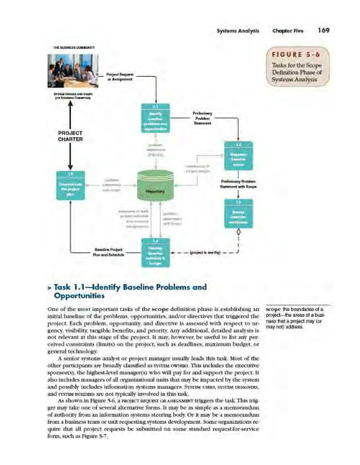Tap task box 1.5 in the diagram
tap(72, 186)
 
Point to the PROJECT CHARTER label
tap(71, 136)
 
